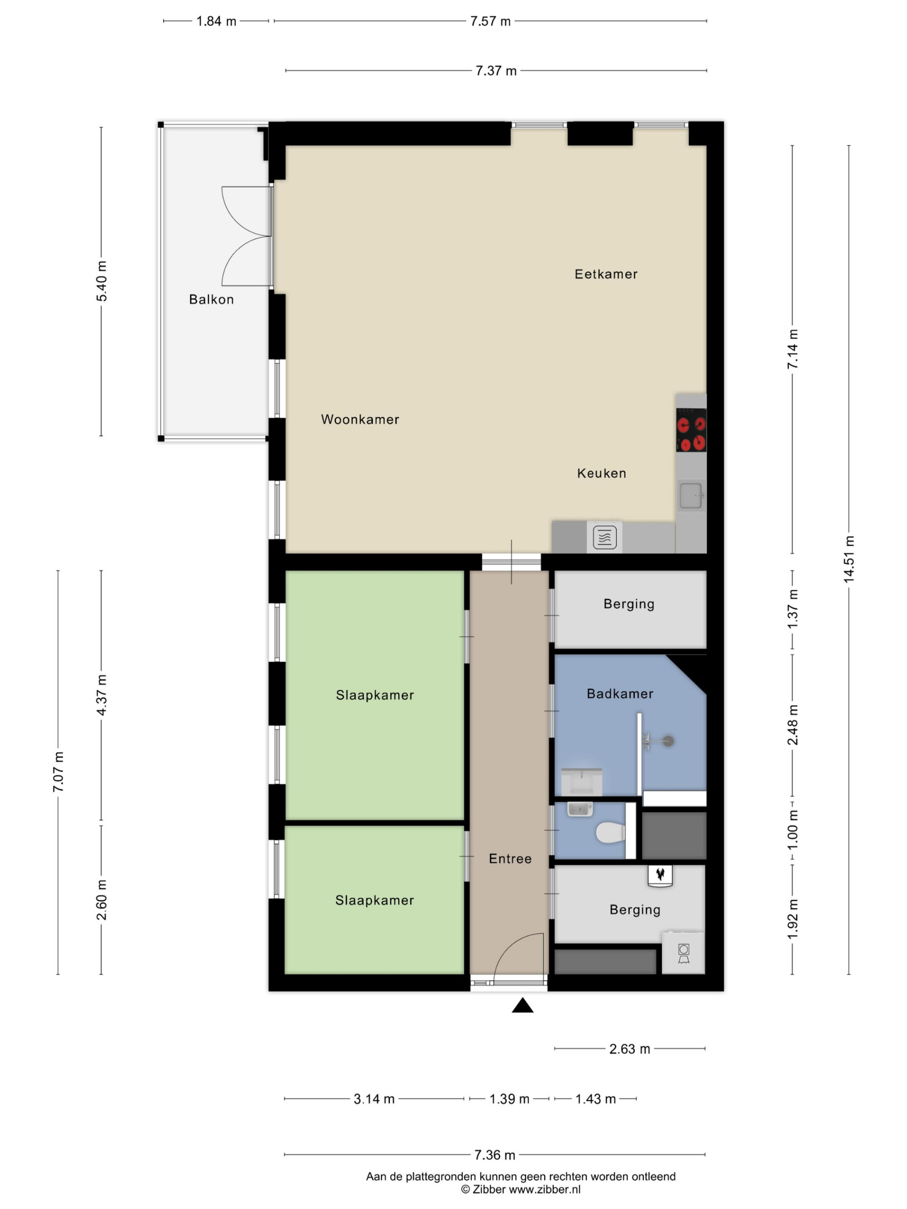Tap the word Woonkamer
(x=360, y=419)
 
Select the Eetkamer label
(x=606, y=274)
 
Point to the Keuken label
(x=601, y=473)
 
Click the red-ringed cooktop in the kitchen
(x=691, y=430)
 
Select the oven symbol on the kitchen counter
(x=605, y=537)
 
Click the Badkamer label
(x=620, y=694)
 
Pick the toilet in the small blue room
(x=610, y=833)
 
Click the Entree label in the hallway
(x=510, y=859)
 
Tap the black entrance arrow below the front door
(x=523, y=1005)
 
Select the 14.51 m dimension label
(x=848, y=560)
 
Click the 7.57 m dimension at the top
(x=490, y=21)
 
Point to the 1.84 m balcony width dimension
(x=216, y=21)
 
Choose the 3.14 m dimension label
(x=374, y=1099)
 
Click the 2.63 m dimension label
(x=630, y=1049)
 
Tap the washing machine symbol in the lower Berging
(x=683, y=953)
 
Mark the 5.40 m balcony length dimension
(x=101, y=282)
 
